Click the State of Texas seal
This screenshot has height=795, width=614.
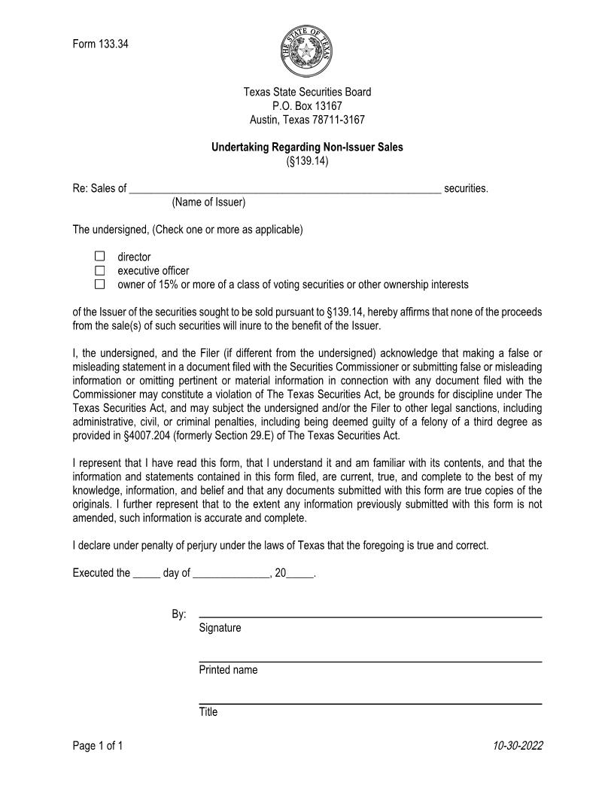(307, 50)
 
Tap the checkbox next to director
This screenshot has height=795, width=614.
(100, 257)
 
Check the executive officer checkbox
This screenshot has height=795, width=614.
(100, 270)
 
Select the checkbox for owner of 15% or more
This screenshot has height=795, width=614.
(100, 285)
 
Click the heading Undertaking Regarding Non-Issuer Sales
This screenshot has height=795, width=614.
(307, 148)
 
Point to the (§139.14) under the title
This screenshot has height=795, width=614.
(307, 161)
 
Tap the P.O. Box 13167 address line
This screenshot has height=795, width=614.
(307, 106)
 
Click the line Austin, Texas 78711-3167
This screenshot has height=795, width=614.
(307, 120)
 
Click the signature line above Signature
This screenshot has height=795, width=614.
(369, 617)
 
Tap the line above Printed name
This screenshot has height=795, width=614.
(369, 661)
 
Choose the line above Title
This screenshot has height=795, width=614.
(369, 703)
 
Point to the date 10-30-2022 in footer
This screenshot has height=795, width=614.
(518, 746)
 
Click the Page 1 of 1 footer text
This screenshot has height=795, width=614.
(98, 746)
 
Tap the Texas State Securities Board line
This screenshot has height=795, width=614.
(307, 92)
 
